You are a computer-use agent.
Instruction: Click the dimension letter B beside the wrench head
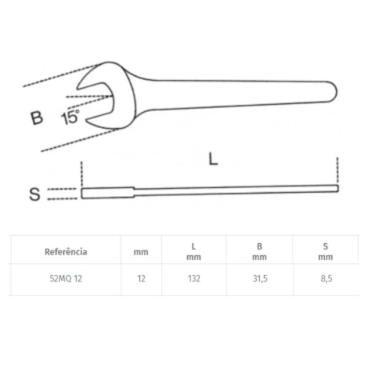click(36, 118)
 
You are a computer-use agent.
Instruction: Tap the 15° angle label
click(69, 118)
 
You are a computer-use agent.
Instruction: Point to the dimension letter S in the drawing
click(34, 194)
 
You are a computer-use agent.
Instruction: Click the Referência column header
click(66, 251)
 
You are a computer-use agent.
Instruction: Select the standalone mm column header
click(141, 251)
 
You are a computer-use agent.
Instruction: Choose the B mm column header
click(258, 251)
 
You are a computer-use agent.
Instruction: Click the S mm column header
click(325, 251)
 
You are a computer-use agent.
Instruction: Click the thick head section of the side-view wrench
click(108, 193)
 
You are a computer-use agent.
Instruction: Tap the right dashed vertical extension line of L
click(338, 170)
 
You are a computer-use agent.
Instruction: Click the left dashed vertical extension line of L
click(81, 172)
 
